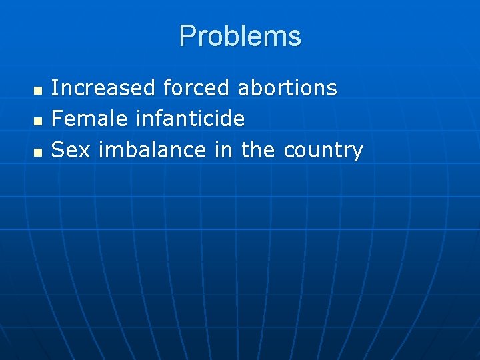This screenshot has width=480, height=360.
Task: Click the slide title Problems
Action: tap(240, 36)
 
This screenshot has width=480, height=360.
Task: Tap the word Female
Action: tap(89, 119)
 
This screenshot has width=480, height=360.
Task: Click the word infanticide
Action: tap(190, 119)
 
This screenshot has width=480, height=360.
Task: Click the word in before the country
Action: tap(223, 151)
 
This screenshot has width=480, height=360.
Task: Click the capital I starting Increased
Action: tap(55, 88)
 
